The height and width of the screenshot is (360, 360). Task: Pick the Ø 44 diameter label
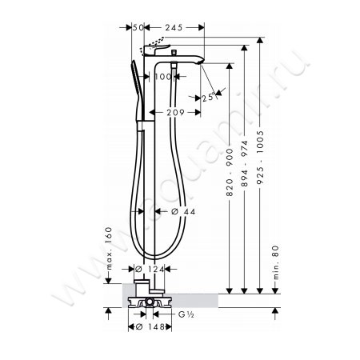pos(183,211)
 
